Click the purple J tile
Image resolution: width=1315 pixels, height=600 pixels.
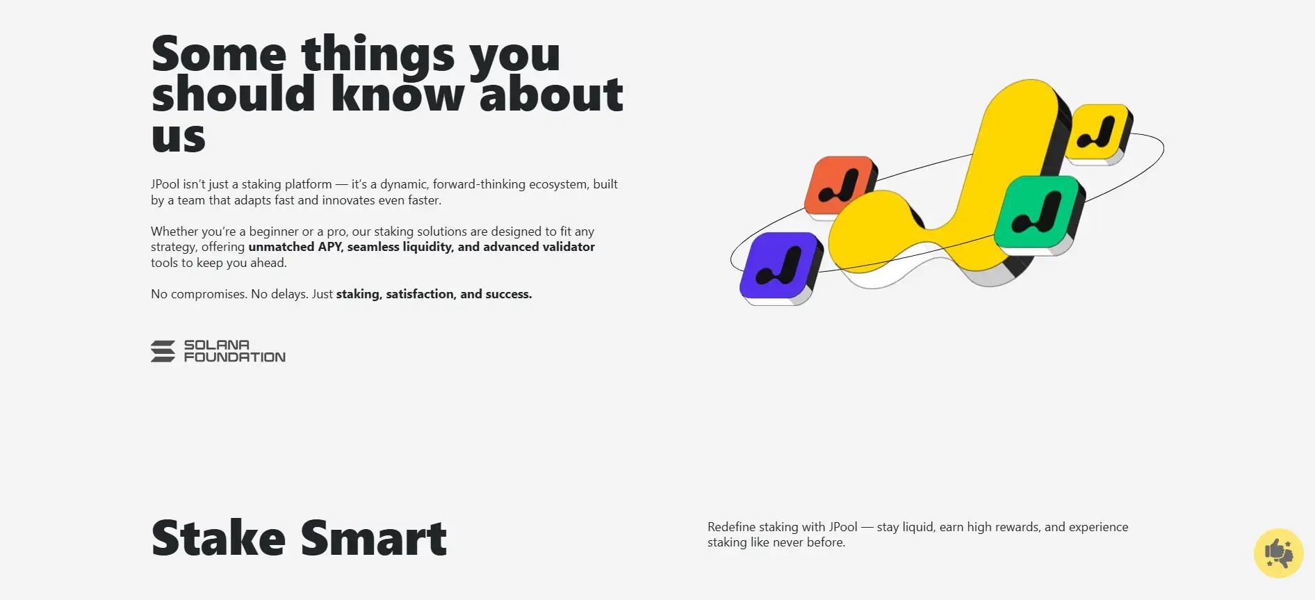[x=779, y=267]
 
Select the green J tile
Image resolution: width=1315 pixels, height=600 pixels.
[x=1038, y=213]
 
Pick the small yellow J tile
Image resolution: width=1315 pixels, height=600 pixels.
[x=1098, y=133]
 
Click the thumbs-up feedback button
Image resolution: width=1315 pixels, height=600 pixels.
[x=1278, y=553]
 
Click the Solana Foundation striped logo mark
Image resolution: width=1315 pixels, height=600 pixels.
[x=163, y=351]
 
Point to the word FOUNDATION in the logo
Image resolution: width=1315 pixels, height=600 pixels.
[x=235, y=357]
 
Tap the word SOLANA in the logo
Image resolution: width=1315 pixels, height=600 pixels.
[x=217, y=345]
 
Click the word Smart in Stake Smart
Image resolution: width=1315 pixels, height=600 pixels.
[x=373, y=538]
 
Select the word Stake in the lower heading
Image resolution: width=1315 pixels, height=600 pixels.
[x=218, y=538]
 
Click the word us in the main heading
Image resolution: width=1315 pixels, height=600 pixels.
[x=179, y=138]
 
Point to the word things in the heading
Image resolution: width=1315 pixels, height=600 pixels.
[x=377, y=56]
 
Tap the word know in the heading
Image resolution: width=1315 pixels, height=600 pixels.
[x=398, y=94]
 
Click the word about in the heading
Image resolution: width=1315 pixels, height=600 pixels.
[x=551, y=94]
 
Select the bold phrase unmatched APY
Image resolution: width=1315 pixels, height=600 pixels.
[x=295, y=247]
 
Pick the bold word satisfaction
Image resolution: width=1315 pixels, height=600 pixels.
[x=420, y=294]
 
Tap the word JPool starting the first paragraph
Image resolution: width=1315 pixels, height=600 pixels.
[x=165, y=184]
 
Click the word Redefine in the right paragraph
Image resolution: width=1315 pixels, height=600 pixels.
[x=731, y=527]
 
